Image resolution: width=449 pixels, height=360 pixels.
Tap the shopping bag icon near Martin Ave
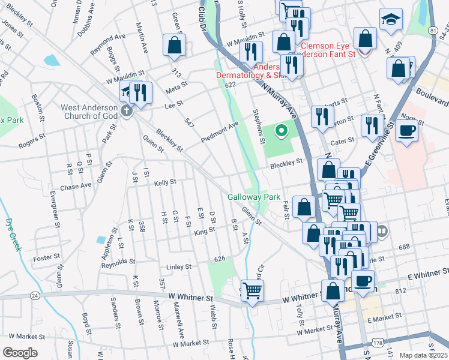(174, 45)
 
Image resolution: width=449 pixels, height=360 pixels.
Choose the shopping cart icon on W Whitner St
(253, 291)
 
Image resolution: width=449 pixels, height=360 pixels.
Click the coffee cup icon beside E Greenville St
(406, 130)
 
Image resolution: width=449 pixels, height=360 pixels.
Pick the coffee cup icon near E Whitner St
(362, 280)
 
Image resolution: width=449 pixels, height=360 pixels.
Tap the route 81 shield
(432, 29)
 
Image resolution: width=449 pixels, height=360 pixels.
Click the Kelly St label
(165, 182)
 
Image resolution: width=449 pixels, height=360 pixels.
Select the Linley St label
(179, 266)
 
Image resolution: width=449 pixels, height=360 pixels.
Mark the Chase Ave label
(75, 186)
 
